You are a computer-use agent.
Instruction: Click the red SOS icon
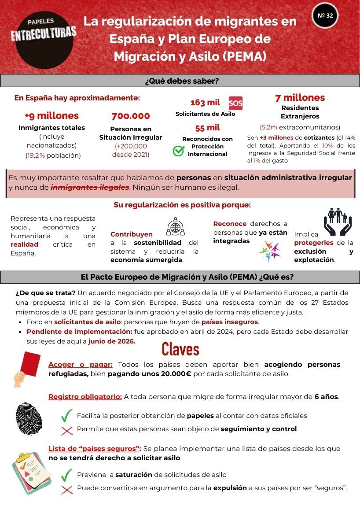coord(235,103)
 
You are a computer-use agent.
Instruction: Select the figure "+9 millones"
coord(51,116)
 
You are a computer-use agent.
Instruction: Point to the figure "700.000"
coord(131,116)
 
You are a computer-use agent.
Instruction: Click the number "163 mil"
coord(205,103)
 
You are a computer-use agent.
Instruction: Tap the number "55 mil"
coord(208,128)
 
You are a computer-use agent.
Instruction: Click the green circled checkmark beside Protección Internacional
coord(178,151)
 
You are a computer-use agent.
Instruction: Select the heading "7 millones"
coord(300,98)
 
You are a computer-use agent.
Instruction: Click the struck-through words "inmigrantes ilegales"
coord(90,187)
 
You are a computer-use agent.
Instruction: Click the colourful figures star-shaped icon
coord(269,251)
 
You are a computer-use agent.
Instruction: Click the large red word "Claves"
coord(180,349)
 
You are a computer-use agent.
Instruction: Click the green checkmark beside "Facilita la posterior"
coord(67,415)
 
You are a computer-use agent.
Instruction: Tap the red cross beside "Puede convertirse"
coord(67,489)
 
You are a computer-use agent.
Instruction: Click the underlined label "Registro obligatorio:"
coord(85,396)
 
